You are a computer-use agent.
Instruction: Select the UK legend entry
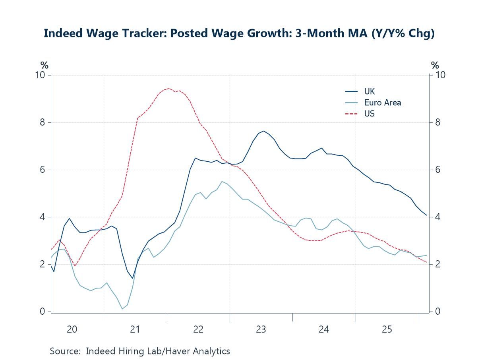[369, 91]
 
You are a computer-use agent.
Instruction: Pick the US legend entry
[369, 114]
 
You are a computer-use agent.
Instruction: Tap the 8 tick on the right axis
[438, 122]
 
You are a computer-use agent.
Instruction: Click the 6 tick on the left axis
[43, 170]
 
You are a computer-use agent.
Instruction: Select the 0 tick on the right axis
[438, 312]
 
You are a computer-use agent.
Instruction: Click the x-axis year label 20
[72, 329]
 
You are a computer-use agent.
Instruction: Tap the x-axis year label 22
[198, 329]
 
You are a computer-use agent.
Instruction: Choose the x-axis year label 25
[387, 329]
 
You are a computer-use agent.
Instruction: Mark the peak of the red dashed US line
[169, 88]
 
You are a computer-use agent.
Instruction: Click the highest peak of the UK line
[263, 131]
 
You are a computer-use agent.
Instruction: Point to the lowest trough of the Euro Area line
[122, 309]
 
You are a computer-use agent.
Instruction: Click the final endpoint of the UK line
[427, 215]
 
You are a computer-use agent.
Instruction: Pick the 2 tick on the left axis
[43, 264]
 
